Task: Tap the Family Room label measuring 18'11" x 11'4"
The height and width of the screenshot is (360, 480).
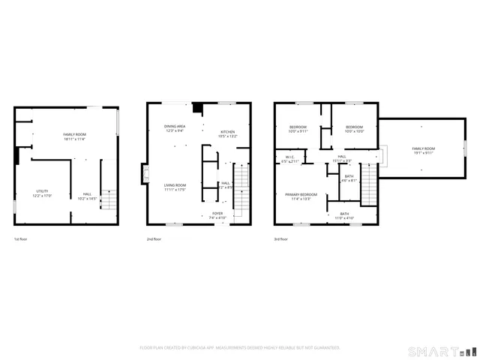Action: (x=74, y=135)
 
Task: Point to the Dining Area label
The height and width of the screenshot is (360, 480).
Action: (x=175, y=127)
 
